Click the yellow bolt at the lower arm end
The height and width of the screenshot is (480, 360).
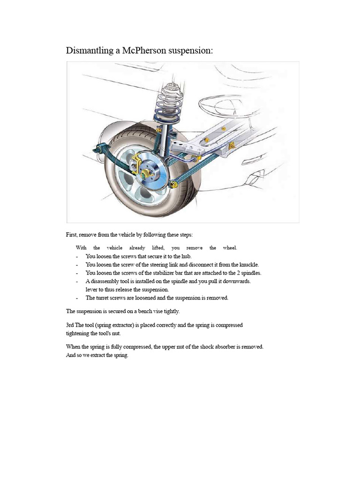(174, 185)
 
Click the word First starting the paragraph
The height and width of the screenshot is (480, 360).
(72, 234)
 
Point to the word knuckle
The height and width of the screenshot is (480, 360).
(248, 264)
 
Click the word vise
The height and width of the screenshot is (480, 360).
(155, 311)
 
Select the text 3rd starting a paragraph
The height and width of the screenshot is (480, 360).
(70, 325)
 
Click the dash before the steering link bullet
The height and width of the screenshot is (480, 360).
(76, 265)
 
